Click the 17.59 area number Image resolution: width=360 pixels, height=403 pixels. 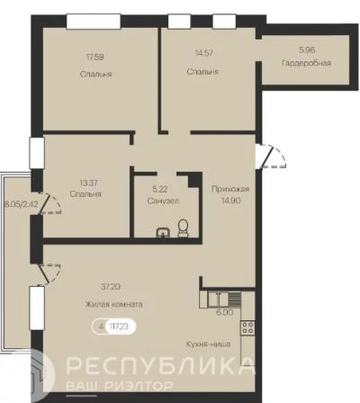pos(95,57)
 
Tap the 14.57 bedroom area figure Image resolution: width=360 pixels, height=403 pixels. pos(204,53)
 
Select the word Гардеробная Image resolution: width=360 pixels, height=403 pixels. pos(306,63)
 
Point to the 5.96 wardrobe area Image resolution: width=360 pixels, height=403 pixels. pos(307,49)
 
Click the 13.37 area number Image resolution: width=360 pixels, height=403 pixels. pos(89,183)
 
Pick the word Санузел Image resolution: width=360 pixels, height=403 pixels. pos(163,201)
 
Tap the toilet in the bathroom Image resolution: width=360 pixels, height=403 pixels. pos(183,228)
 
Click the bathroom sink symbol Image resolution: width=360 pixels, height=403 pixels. pos(163,233)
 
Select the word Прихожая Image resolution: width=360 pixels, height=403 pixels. pos(230,189)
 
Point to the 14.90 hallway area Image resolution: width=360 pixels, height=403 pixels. pos(231,201)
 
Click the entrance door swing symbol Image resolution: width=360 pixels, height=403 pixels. pos(271,157)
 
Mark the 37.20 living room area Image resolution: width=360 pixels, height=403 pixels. pos(111,287)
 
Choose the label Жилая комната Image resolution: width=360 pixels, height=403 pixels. pos(114,305)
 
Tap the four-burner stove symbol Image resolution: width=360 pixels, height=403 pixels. pos(247,327)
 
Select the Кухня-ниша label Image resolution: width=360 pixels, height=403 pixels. pos(208,344)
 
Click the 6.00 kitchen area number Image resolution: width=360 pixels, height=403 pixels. pos(225,312)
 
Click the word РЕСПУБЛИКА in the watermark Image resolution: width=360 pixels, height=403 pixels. pos(159,365)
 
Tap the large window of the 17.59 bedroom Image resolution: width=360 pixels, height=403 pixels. pos(94,22)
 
